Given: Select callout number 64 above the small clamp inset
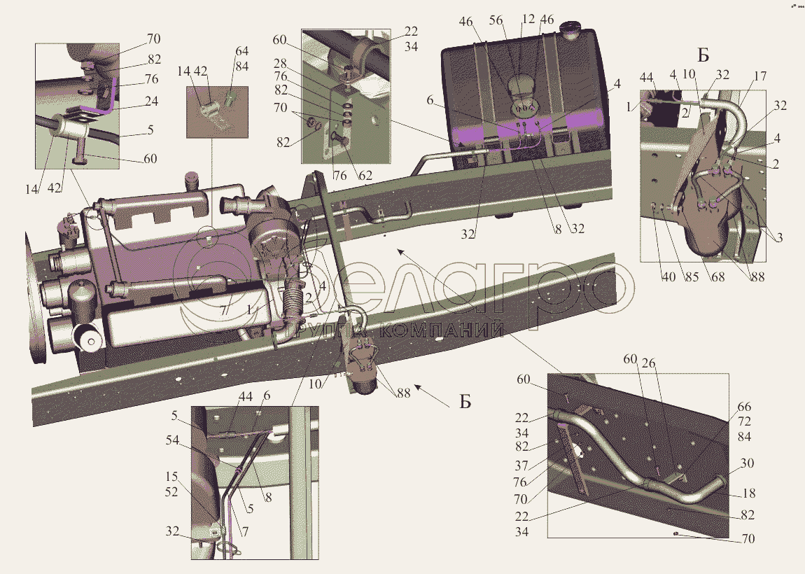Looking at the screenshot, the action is coord(242,50).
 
